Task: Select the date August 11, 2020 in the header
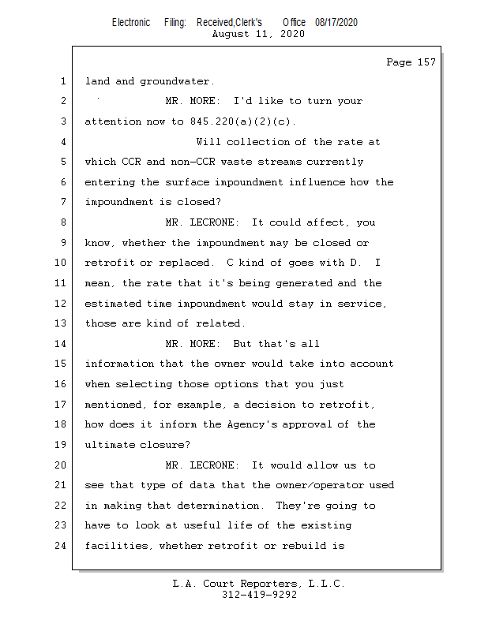258,34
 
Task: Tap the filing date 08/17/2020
336,22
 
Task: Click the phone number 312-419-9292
259,595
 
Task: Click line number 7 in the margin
63,202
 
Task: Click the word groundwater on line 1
177,81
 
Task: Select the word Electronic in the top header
131,22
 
